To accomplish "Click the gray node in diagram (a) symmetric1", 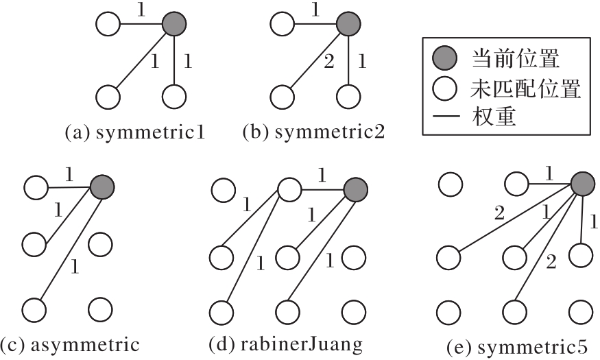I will click(174, 25).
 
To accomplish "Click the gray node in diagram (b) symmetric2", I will click(348, 25).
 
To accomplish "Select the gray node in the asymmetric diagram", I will click(102, 186).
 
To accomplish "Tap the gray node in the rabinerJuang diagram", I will click(355, 189).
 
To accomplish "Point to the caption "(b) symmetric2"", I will click(313, 132).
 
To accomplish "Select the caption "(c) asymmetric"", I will click(70, 344).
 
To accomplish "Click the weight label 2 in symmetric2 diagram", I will click(328, 63).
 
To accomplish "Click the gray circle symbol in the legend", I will click(442, 58).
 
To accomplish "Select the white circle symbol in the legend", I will click(442, 88).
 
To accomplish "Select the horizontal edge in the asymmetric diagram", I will click(69, 186).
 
